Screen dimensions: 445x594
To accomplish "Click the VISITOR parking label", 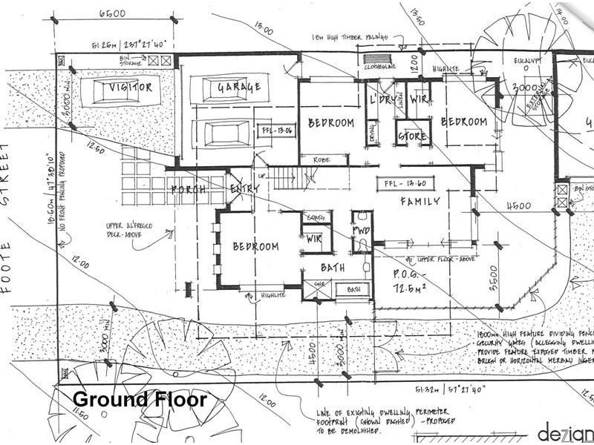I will tap(131, 88).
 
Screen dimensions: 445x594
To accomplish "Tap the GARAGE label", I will tap(238, 88).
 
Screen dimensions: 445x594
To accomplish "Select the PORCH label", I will tap(188, 189).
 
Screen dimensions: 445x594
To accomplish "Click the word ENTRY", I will tap(244, 189).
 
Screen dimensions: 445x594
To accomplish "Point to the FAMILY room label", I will tap(421, 201).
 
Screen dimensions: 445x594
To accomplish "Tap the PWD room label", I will tap(361, 231).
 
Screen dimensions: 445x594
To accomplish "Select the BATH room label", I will tap(333, 267).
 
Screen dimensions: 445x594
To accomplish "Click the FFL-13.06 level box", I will tap(276, 131).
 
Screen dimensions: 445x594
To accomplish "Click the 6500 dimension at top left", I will tap(112, 13).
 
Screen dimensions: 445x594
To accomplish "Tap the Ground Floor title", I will tap(139, 399).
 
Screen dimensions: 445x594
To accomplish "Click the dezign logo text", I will tap(566, 431).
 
